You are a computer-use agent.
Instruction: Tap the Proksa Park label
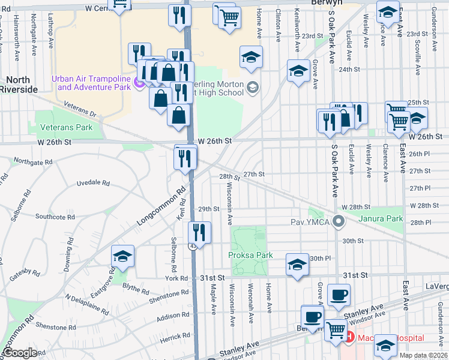click(251, 255)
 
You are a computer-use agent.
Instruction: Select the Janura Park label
click(381, 218)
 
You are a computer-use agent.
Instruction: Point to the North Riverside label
click(19, 85)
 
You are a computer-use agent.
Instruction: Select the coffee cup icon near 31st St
click(339, 295)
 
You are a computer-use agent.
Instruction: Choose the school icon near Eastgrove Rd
click(122, 257)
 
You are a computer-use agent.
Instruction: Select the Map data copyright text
click(424, 355)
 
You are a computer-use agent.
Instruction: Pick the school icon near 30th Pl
click(297, 264)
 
